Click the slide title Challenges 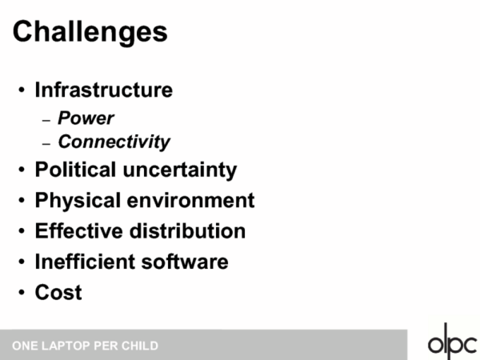pos(90,33)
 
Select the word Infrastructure pos(104,90)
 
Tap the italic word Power pos(86,118)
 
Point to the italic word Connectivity pos(114,142)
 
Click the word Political pos(75,170)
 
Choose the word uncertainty pos(180,170)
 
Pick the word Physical pos(78,201)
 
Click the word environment pos(190,201)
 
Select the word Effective pos(78,231)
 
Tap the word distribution pos(187,231)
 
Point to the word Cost pos(58,292)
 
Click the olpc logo pos(452,341)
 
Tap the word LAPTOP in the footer pos(66,346)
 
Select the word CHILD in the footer pos(139,346)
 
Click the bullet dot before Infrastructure pos(22,90)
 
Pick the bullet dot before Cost pos(22,292)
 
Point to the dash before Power pos(46,120)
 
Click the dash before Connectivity pos(46,143)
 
